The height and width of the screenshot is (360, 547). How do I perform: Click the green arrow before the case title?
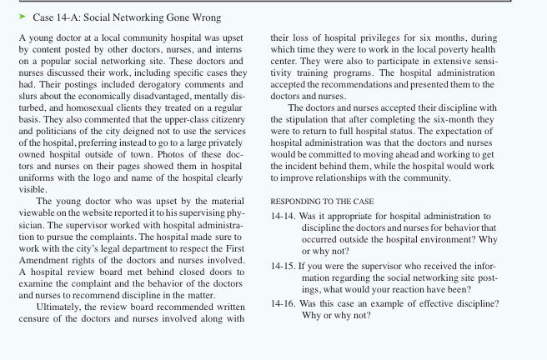tap(23, 17)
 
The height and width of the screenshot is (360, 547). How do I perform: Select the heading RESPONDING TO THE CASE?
tap(322, 202)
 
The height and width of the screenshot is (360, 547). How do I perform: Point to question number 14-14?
tap(284, 217)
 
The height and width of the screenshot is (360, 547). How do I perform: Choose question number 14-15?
tap(284, 266)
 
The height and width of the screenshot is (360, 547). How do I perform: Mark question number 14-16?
tap(284, 304)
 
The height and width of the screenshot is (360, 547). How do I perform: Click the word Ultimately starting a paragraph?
tap(63, 307)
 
